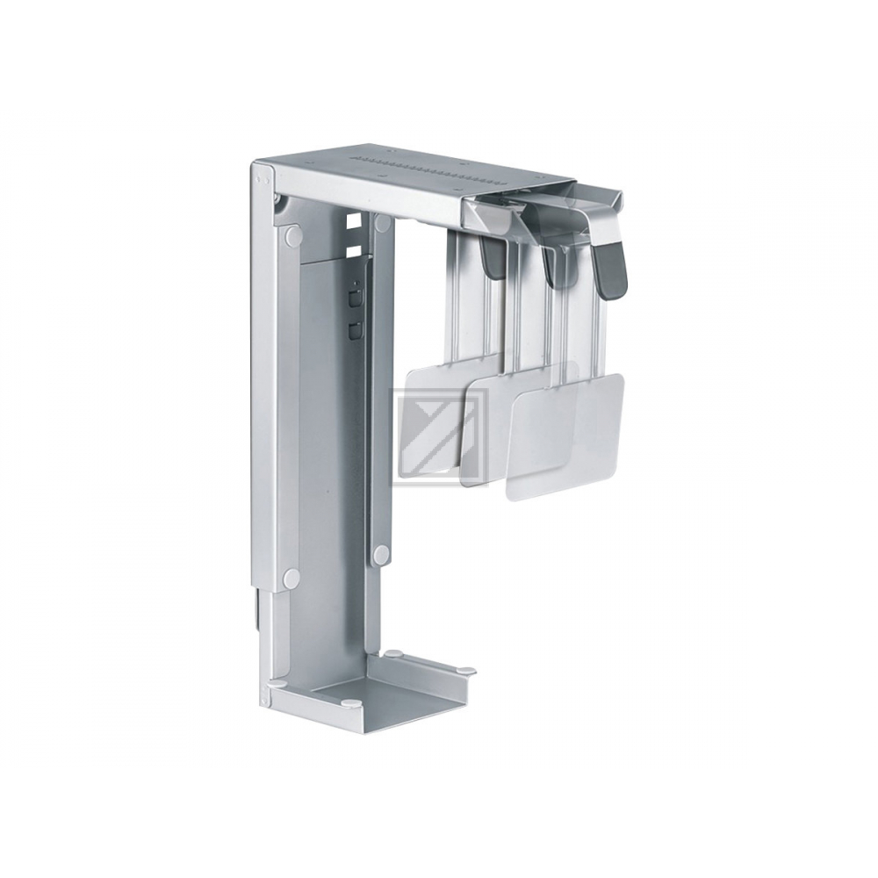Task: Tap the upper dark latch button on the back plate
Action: click(x=353, y=296)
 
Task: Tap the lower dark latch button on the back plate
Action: click(x=353, y=330)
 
